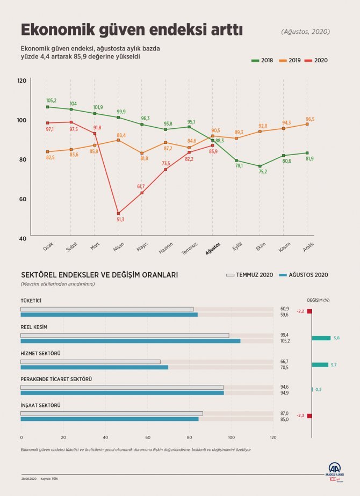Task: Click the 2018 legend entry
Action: click(x=262, y=61)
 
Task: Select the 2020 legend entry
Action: click(x=316, y=61)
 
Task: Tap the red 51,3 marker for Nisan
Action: click(x=118, y=213)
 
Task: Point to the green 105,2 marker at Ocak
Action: click(x=47, y=107)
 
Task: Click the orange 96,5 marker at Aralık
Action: click(x=307, y=124)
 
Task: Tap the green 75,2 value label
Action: click(x=263, y=172)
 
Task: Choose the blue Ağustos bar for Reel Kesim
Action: click(x=130, y=341)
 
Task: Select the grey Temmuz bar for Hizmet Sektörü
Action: click(x=90, y=361)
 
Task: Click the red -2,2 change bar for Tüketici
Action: click(x=309, y=311)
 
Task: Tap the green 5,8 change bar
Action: click(x=321, y=338)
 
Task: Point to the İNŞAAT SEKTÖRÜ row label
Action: click(x=40, y=405)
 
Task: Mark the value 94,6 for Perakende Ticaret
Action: click(x=284, y=386)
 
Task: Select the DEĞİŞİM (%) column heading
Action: click(x=318, y=301)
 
